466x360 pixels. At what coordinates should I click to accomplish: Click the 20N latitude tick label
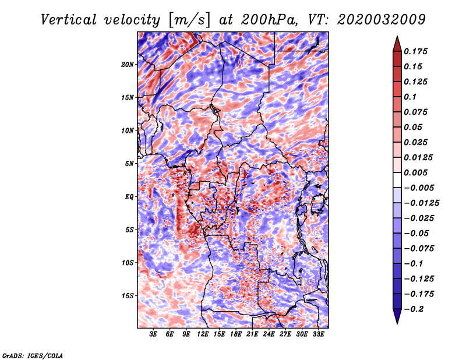(x=128, y=64)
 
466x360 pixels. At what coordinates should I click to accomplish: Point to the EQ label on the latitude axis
(x=129, y=197)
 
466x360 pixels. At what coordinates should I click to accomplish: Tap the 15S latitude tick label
(x=128, y=296)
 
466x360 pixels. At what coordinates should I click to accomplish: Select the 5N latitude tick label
(x=129, y=164)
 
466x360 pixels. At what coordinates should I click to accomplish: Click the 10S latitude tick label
(x=128, y=263)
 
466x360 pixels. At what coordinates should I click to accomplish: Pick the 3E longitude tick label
(x=154, y=335)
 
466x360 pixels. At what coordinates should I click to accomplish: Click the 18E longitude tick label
(x=236, y=335)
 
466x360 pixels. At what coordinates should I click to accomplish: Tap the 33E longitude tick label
(x=318, y=335)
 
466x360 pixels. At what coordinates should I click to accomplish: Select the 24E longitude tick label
(x=269, y=335)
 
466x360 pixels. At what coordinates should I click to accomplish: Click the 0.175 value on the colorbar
(x=418, y=51)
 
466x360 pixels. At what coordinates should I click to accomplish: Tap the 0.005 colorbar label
(x=418, y=172)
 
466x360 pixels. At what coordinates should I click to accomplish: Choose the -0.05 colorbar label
(x=417, y=233)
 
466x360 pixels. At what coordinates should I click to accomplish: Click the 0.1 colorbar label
(x=411, y=97)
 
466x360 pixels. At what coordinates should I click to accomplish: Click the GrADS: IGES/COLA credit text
(x=32, y=355)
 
